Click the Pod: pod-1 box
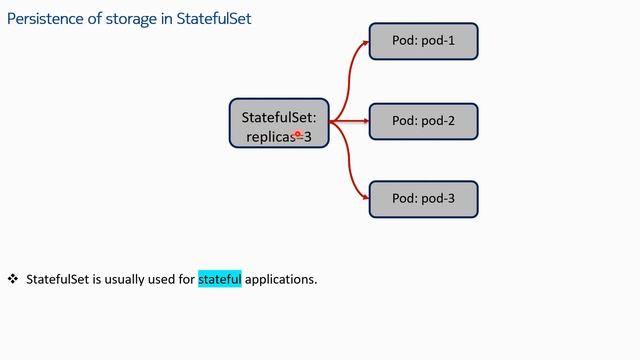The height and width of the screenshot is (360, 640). pyautogui.click(x=423, y=42)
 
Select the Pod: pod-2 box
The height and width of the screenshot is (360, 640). pyautogui.click(x=423, y=121)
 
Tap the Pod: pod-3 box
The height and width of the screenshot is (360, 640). pyautogui.click(x=423, y=199)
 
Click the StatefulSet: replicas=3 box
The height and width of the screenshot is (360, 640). pyautogui.click(x=278, y=123)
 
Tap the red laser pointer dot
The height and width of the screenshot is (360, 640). pyautogui.click(x=298, y=133)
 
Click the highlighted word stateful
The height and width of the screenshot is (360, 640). pyautogui.click(x=220, y=279)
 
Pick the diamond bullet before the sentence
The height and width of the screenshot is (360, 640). pyautogui.click(x=13, y=279)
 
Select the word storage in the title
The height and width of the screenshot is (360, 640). pyautogui.click(x=124, y=17)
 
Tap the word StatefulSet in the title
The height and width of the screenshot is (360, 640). pyautogui.click(x=205, y=17)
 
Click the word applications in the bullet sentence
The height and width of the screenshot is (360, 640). pyautogui.click(x=281, y=279)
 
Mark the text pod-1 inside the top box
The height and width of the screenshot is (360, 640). pyautogui.click(x=438, y=42)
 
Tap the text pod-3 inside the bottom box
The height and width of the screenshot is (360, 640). pyautogui.click(x=438, y=199)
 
